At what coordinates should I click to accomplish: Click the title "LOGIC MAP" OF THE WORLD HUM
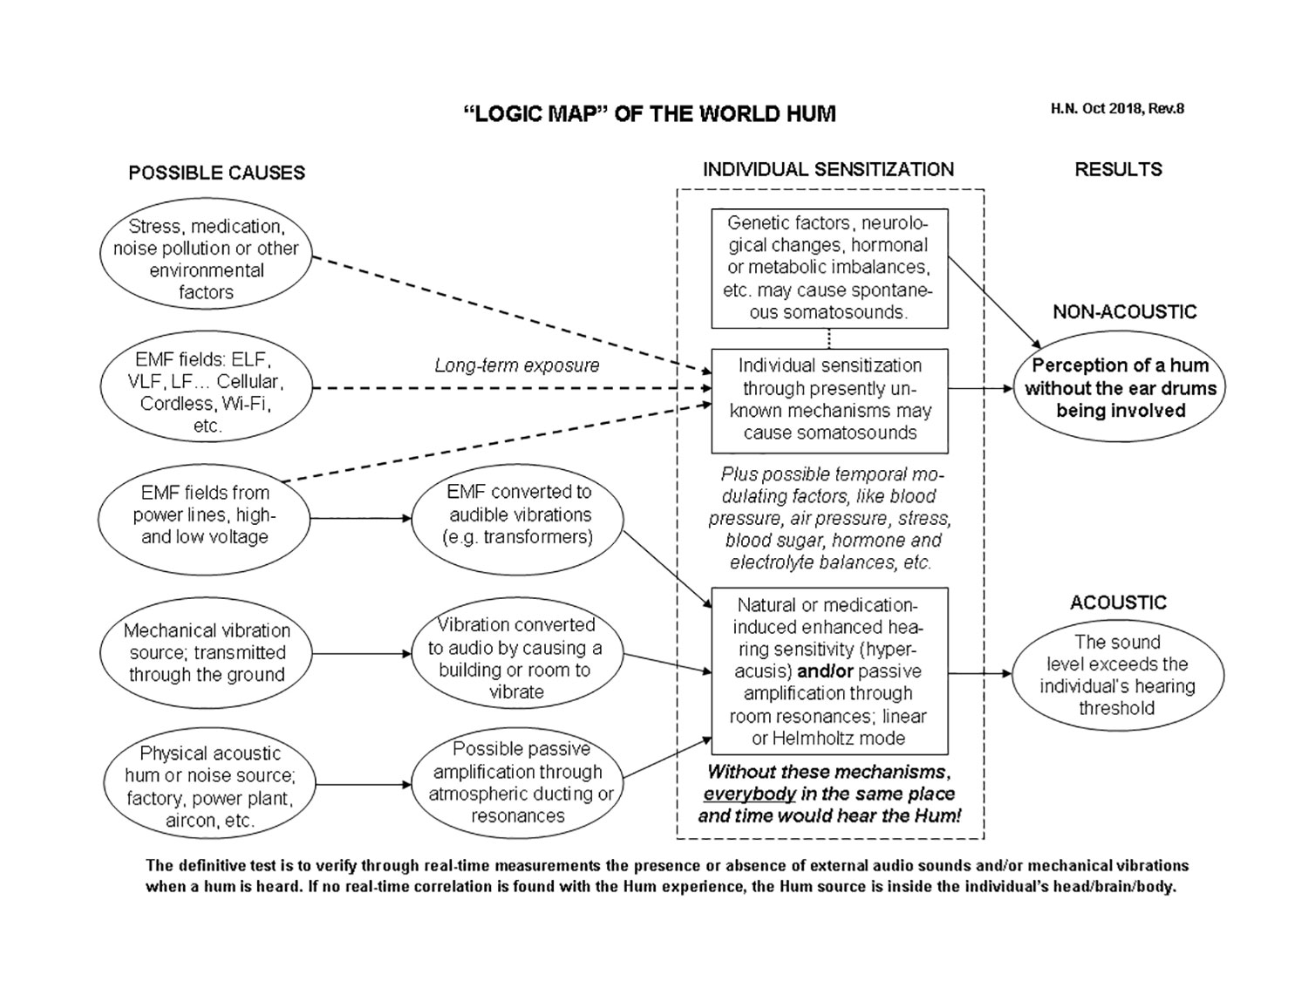pyautogui.click(x=649, y=114)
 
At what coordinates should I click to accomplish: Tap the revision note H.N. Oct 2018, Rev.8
pyautogui.click(x=1117, y=109)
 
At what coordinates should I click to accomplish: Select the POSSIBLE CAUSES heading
pyautogui.click(x=216, y=173)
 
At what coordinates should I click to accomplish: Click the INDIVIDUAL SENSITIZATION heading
pyautogui.click(x=828, y=169)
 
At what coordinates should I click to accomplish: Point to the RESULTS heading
pyautogui.click(x=1118, y=169)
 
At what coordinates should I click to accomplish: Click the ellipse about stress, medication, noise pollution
pyautogui.click(x=206, y=259)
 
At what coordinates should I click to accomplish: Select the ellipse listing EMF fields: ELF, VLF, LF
pyautogui.click(x=206, y=392)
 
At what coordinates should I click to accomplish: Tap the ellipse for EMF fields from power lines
pyautogui.click(x=205, y=514)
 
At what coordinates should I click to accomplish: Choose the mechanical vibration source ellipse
pyautogui.click(x=206, y=652)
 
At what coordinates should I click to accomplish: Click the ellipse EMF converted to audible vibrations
pyautogui.click(x=518, y=514)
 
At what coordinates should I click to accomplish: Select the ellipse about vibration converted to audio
pyautogui.click(x=517, y=658)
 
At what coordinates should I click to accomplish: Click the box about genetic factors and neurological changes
pyautogui.click(x=829, y=268)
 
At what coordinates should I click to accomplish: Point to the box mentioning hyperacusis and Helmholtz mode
pyautogui.click(x=829, y=671)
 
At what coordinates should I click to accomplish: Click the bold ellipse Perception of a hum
pyautogui.click(x=1120, y=388)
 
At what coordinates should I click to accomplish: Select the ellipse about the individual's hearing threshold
pyautogui.click(x=1117, y=675)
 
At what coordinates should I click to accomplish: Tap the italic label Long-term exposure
pyautogui.click(x=517, y=365)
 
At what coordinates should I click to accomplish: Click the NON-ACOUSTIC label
pyautogui.click(x=1124, y=312)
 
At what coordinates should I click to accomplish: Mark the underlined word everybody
pyautogui.click(x=749, y=794)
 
